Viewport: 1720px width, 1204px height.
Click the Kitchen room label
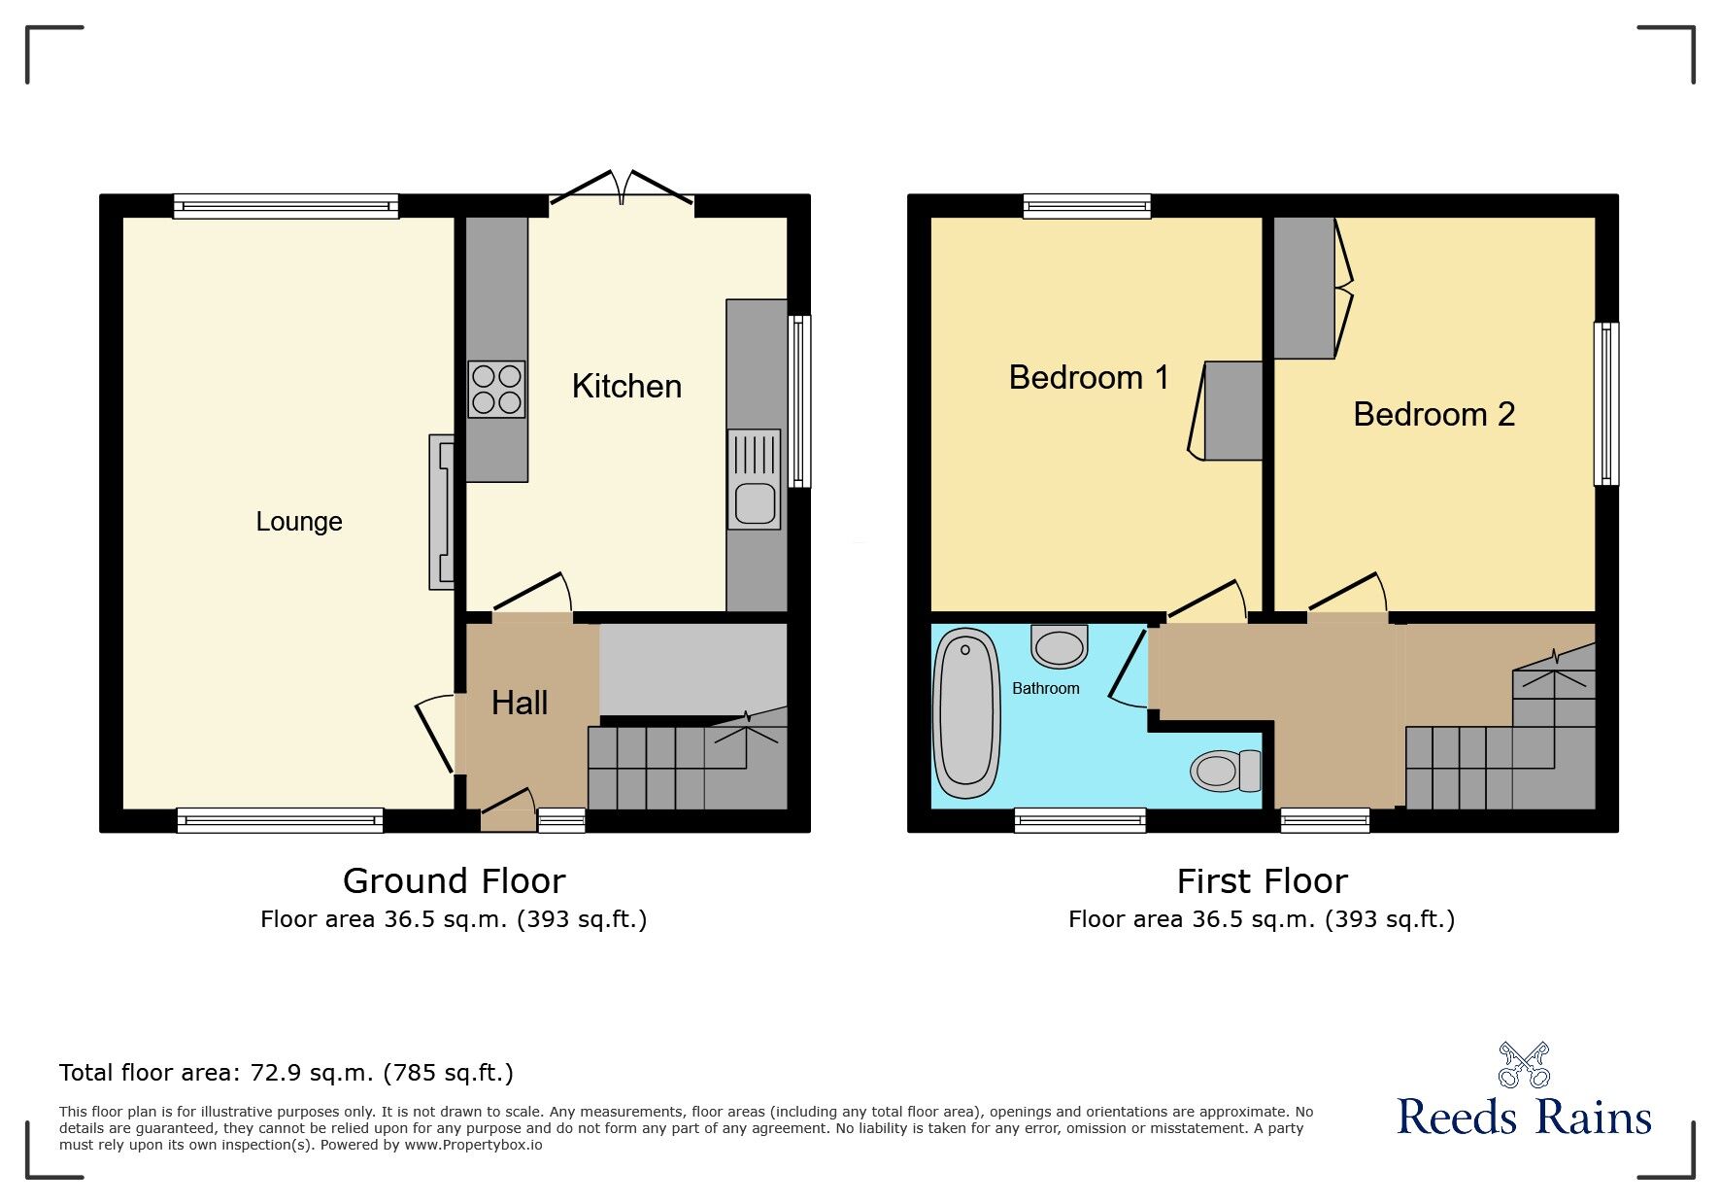[626, 387]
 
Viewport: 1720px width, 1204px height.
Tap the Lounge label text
[299, 522]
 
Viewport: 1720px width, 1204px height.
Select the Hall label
[520, 704]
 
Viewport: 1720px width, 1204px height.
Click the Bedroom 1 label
[1089, 378]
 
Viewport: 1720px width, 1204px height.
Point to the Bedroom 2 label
[1433, 415]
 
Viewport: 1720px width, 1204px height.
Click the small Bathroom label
[1045, 688]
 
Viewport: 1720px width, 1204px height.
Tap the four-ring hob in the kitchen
[496, 389]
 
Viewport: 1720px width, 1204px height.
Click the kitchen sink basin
[755, 503]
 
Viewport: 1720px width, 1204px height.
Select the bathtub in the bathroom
[965, 712]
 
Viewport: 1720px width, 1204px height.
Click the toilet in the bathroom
[1225, 771]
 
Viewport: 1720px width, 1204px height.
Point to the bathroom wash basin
[1059, 645]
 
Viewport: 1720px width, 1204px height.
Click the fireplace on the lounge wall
[442, 512]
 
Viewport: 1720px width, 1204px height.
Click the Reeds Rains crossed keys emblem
[1523, 1065]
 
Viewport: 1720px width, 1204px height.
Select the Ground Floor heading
[454, 881]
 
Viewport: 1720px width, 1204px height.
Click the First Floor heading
[1262, 881]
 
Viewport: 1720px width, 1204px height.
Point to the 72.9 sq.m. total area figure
[312, 1073]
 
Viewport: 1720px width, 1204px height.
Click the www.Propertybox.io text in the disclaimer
[473, 1145]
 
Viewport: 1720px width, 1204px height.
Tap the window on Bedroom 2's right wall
[1605, 404]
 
